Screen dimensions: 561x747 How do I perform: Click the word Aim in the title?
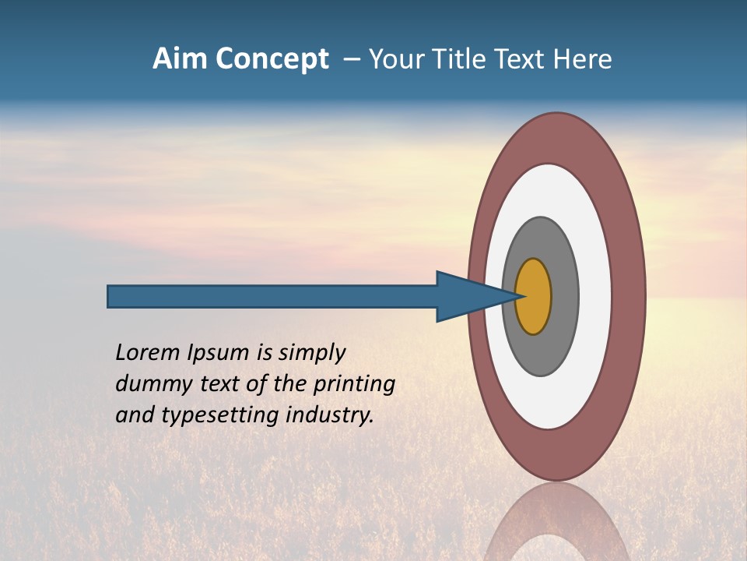[181, 59]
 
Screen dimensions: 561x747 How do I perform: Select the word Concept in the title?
[272, 60]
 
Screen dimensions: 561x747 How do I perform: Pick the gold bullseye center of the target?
[534, 297]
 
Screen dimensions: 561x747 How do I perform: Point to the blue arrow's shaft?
[272, 297]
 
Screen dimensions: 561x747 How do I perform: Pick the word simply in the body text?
[312, 354]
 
